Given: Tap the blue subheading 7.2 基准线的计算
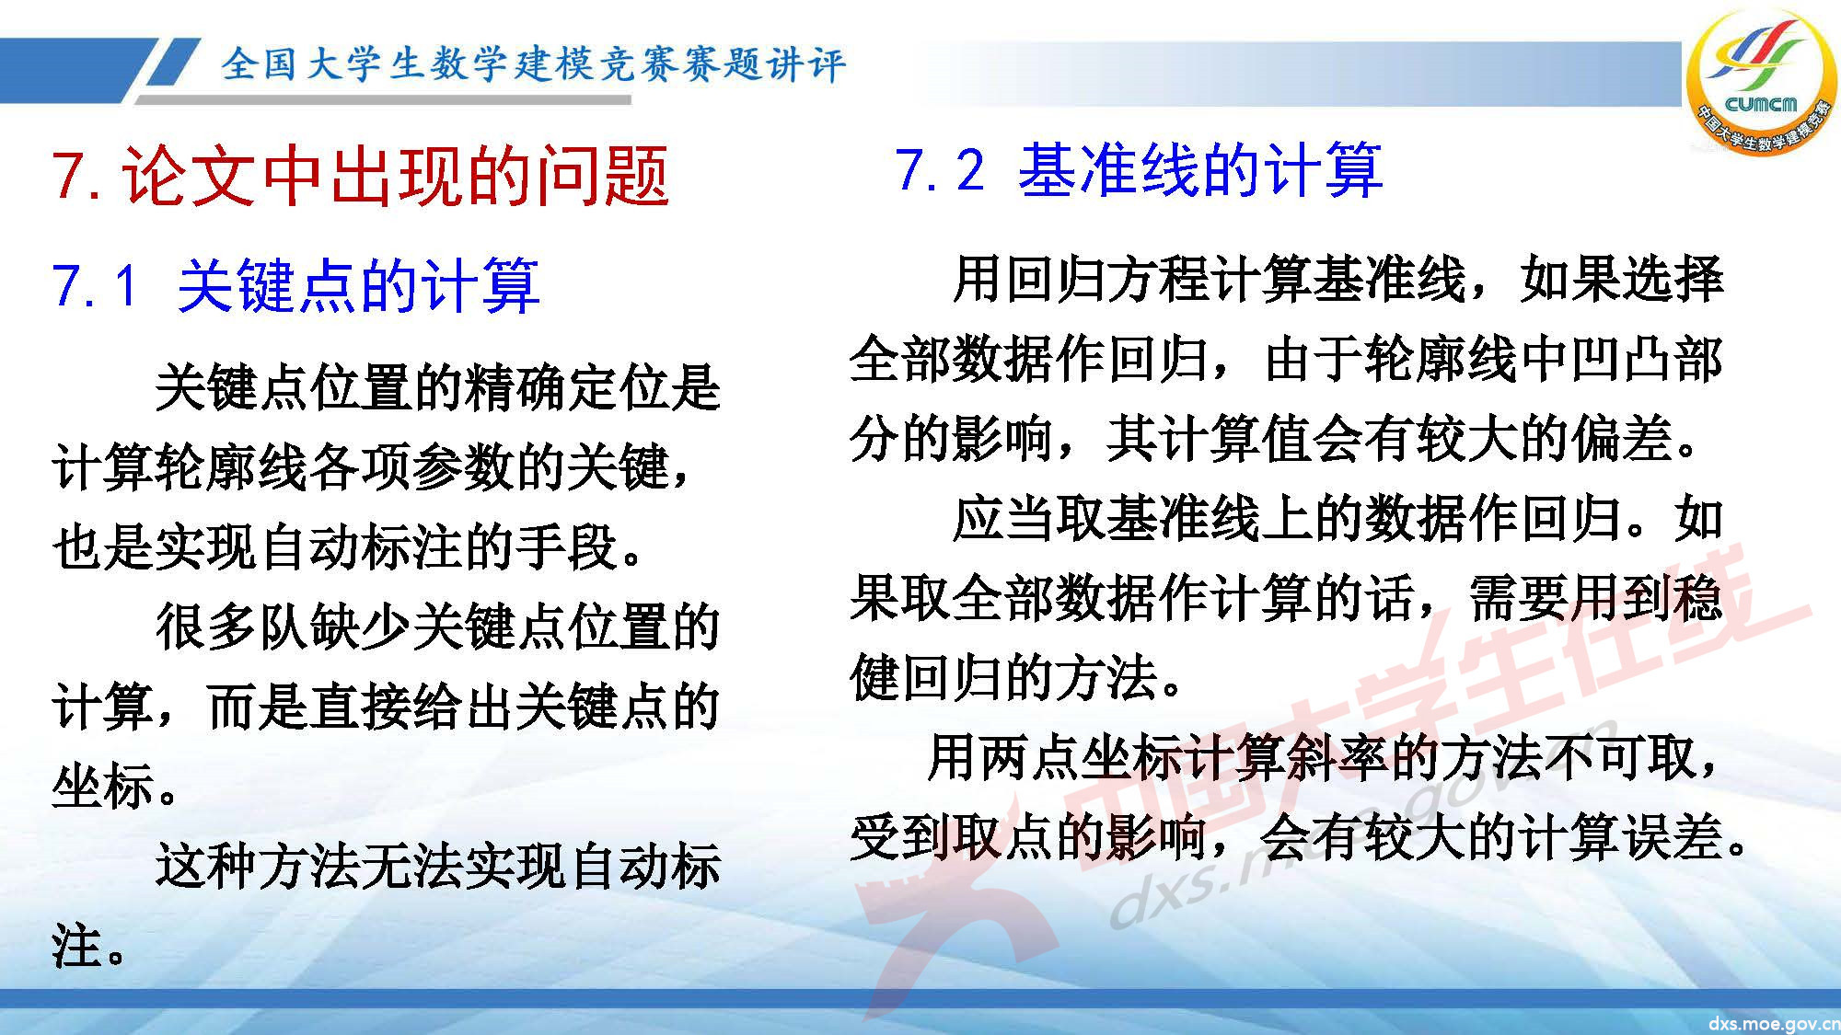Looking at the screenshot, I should [x=1139, y=170].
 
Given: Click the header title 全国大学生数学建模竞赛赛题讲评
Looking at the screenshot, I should [x=532, y=64].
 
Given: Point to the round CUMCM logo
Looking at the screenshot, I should [x=1761, y=83].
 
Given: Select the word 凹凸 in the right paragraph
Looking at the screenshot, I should [x=1620, y=360].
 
